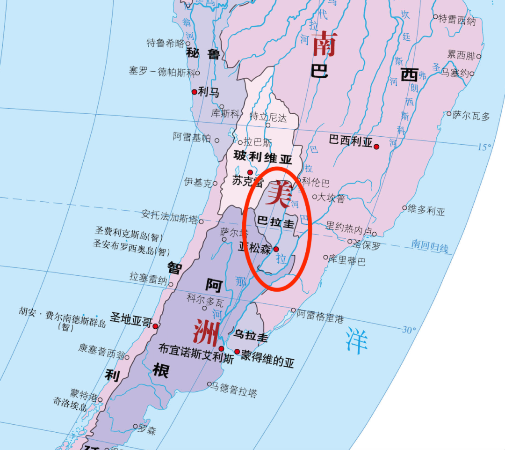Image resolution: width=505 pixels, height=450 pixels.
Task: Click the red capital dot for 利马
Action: pos(195,92)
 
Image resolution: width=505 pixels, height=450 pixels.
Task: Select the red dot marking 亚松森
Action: pos(276,249)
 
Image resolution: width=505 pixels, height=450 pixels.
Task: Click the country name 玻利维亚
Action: pos(262,157)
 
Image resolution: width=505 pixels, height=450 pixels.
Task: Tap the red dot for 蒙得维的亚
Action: pos(237,352)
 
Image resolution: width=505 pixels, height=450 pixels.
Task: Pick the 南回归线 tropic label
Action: pos(429,245)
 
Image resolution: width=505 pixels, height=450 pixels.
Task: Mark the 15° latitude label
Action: pos(484,147)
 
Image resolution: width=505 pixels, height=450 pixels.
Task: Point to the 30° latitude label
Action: pos(409,330)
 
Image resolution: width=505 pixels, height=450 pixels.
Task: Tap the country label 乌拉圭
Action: pos(251,335)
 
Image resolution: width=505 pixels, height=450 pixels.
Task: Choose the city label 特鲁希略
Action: pos(166,43)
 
